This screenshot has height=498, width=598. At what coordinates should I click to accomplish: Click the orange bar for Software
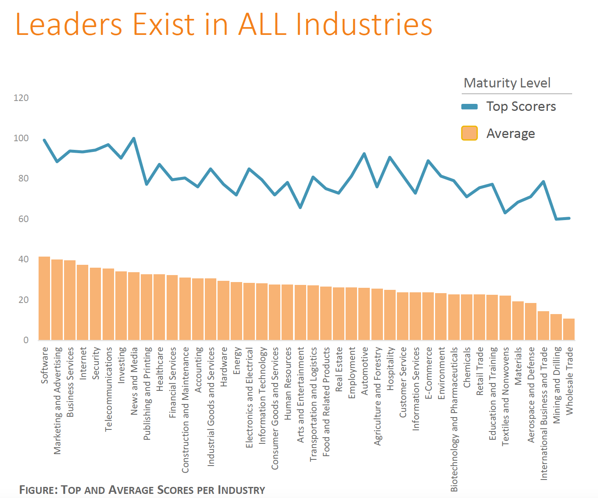(x=44, y=298)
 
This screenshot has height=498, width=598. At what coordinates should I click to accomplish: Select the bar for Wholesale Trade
(x=569, y=329)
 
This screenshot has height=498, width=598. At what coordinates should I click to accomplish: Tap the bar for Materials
(x=518, y=321)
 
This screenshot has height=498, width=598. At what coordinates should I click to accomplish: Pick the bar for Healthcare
(x=159, y=307)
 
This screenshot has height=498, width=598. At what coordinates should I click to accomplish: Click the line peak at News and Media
(x=134, y=138)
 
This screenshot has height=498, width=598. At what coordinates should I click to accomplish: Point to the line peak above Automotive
(x=364, y=154)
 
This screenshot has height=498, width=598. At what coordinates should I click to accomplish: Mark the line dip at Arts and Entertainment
(x=300, y=208)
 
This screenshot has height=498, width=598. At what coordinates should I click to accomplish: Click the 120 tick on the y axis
(x=21, y=98)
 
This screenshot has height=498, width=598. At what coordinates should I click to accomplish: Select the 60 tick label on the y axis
(x=23, y=219)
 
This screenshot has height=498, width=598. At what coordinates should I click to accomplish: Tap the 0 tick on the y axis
(x=26, y=340)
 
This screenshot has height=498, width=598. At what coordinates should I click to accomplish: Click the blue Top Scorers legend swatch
(x=470, y=107)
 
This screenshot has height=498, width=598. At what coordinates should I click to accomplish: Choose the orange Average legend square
(x=470, y=133)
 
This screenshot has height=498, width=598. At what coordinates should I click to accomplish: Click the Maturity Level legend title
(x=507, y=83)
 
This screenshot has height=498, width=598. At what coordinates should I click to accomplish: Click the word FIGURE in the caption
(x=38, y=490)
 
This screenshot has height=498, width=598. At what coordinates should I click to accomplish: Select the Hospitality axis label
(x=390, y=369)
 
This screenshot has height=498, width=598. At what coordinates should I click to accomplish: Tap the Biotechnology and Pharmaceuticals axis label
(x=454, y=419)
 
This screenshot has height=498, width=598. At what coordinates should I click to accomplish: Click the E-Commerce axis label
(x=428, y=373)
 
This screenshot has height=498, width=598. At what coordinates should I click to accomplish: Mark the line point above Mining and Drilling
(x=557, y=219)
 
